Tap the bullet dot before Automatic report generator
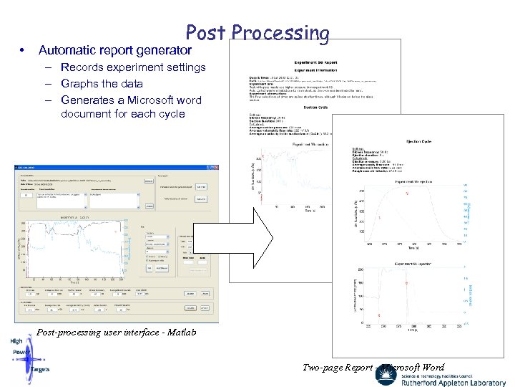click(x=24, y=51)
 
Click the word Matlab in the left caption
click(x=179, y=333)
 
